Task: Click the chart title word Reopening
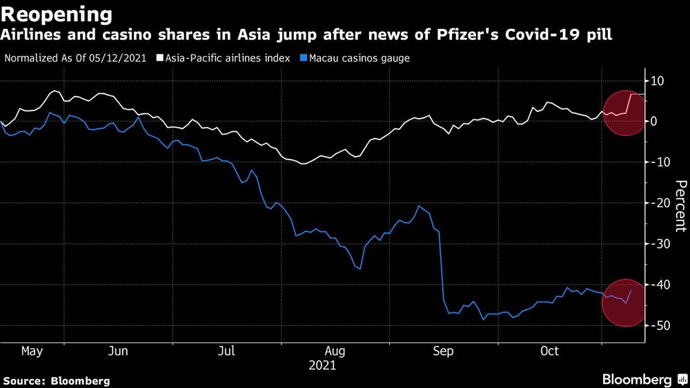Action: point(57,14)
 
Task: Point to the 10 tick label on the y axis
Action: point(658,81)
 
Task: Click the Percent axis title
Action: point(680,205)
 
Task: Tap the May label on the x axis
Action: point(32,351)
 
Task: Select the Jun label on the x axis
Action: point(119,351)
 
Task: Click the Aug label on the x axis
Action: point(333,351)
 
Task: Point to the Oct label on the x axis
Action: point(549,351)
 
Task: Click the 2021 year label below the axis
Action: point(322,365)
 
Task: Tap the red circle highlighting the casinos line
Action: point(626,302)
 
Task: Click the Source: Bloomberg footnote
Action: point(56,380)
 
